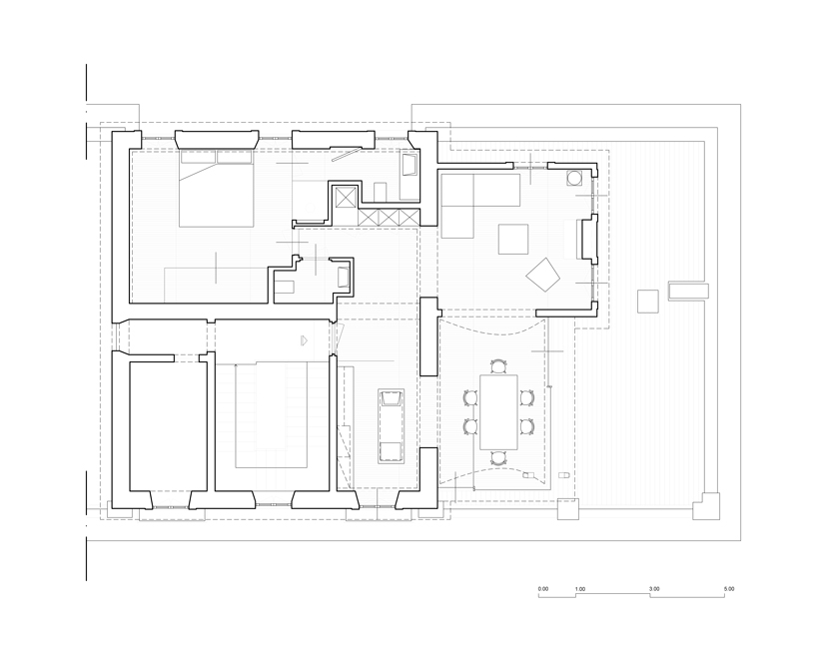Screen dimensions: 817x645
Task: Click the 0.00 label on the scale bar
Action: click(x=543, y=589)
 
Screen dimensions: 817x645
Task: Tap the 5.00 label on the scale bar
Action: click(x=729, y=589)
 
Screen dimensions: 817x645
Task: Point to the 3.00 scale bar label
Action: click(x=654, y=589)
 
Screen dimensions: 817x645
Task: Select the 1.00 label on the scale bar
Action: click(x=580, y=589)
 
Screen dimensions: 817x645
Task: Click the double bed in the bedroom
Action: click(x=216, y=189)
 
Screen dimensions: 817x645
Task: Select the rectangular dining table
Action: click(x=498, y=411)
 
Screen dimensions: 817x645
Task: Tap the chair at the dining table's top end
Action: click(x=498, y=366)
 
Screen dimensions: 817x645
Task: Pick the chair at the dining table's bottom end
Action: click(x=498, y=458)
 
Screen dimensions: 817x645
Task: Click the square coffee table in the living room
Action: click(x=513, y=240)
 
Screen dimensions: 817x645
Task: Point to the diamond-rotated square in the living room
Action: click(x=543, y=275)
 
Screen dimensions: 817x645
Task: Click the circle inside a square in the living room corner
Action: click(x=575, y=178)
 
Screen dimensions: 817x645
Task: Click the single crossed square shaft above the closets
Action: click(x=346, y=198)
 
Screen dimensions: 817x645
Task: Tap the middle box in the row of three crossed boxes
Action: click(x=390, y=217)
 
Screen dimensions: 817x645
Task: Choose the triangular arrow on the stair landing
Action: click(x=304, y=340)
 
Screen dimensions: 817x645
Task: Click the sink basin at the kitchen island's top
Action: click(x=391, y=399)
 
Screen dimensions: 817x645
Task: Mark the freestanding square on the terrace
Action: click(x=647, y=302)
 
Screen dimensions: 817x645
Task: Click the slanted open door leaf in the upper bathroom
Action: click(x=347, y=153)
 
